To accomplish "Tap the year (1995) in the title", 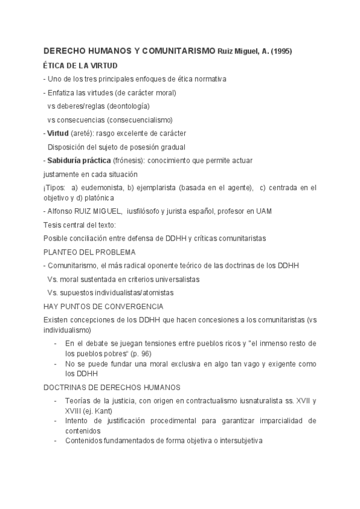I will tap(281, 52).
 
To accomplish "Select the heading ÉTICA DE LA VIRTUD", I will tap(81, 65).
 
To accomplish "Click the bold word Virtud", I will tap(58, 133).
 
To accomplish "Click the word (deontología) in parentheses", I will tap(129, 106).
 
